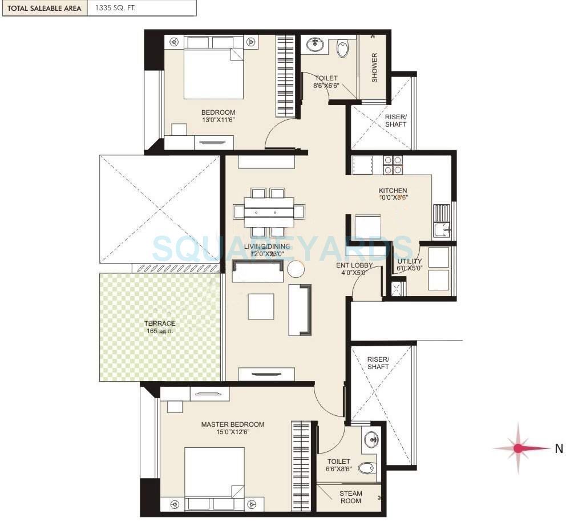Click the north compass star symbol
coord(518,448)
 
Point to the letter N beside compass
coord(559,449)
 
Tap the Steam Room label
coord(350,497)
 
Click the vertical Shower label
coord(375,67)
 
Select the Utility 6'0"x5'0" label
coord(410,265)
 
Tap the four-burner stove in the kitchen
coord(393,165)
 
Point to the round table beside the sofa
coord(296,269)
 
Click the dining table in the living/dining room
coord(269,212)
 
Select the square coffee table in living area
coord(261,306)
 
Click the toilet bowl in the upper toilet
coord(342,49)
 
